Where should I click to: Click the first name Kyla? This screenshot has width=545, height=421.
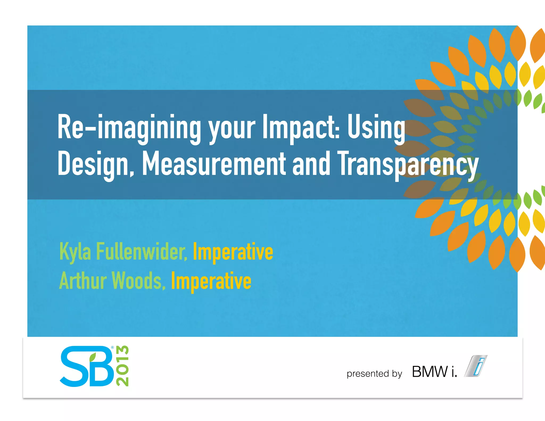click(75, 251)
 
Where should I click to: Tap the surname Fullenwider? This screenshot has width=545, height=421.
click(141, 251)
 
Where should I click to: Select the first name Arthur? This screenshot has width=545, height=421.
click(82, 281)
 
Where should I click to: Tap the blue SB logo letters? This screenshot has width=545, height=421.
click(86, 367)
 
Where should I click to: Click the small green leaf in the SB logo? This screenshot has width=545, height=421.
click(93, 357)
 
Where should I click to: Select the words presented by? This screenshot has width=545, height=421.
click(374, 374)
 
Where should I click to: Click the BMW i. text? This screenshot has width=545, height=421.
click(434, 372)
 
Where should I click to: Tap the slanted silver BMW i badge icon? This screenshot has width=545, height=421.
click(476, 366)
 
